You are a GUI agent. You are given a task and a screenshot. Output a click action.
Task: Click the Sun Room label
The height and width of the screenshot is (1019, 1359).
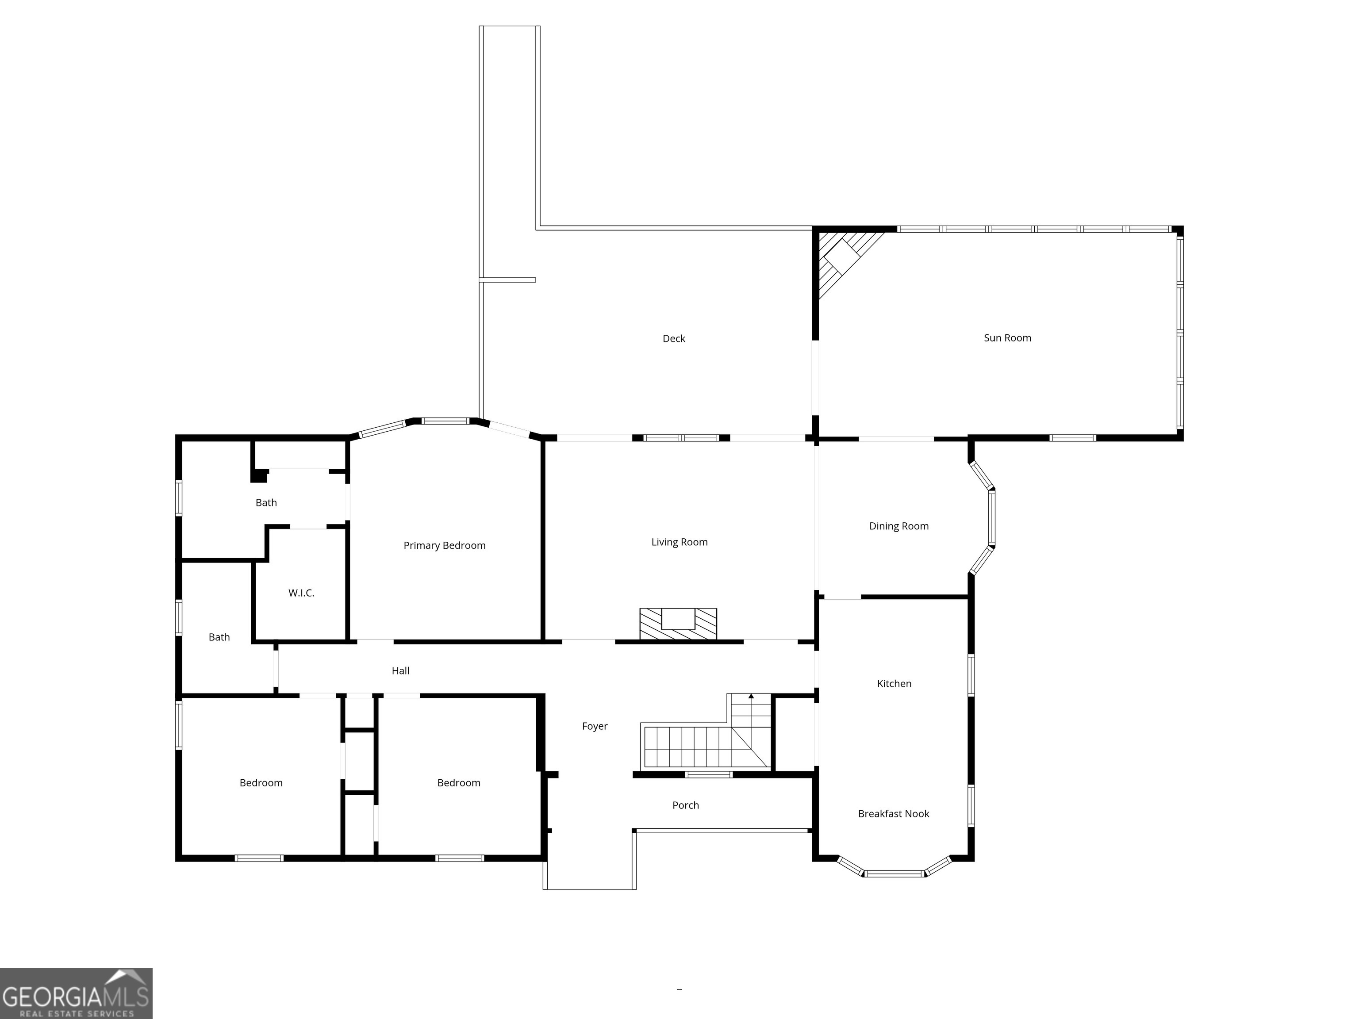(1007, 338)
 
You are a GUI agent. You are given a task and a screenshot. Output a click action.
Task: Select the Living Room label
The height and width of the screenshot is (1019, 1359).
(679, 542)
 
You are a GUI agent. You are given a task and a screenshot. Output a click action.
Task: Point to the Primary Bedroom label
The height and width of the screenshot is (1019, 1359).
(444, 545)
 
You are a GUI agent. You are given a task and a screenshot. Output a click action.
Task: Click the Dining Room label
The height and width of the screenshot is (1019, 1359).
(898, 526)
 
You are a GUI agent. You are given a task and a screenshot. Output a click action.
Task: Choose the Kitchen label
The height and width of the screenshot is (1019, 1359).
(894, 684)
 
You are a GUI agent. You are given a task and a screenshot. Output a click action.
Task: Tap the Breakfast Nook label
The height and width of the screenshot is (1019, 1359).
(893, 814)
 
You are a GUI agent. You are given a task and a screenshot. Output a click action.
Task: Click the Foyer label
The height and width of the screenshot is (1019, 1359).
(594, 726)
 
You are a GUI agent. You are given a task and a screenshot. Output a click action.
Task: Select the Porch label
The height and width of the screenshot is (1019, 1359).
(685, 805)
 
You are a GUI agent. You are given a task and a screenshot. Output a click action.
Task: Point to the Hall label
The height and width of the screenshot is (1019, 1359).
(400, 671)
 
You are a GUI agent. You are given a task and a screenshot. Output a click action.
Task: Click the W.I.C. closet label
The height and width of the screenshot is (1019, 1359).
(301, 593)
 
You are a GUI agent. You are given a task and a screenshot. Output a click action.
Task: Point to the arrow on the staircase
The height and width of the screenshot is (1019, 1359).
(751, 697)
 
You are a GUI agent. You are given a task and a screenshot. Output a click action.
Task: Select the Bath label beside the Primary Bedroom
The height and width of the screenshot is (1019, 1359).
(266, 502)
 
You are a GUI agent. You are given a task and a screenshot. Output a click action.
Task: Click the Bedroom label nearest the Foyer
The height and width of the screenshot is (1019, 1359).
(458, 782)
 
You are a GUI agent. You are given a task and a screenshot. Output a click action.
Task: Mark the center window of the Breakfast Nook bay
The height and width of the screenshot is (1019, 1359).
(894, 873)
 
